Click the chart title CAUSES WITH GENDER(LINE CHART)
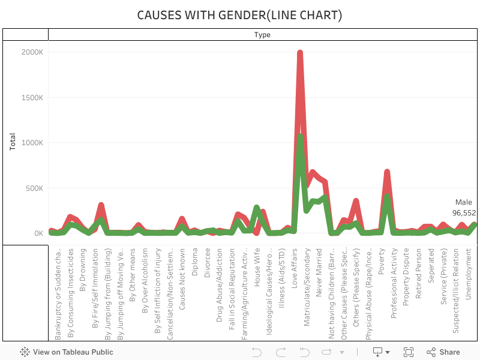[x=240, y=14]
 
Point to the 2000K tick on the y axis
[x=32, y=52]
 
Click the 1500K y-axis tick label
[x=32, y=98]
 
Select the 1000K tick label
[x=32, y=143]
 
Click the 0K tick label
[x=37, y=233]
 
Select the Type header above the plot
[x=262, y=35]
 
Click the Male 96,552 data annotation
[x=464, y=208]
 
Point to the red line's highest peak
[x=300, y=53]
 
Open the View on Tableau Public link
[x=67, y=352]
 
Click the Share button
[x=443, y=352]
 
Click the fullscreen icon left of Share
[x=409, y=352]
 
